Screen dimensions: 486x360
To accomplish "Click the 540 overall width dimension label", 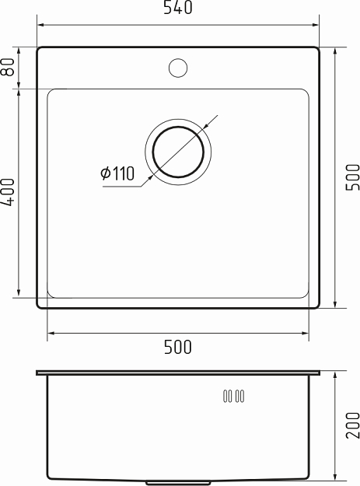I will click(x=178, y=9).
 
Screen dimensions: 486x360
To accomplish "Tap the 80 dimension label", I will click(x=9, y=68).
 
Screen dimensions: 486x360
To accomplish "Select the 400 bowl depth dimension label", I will click(x=9, y=192).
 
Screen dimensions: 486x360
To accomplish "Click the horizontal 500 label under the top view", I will click(x=178, y=348).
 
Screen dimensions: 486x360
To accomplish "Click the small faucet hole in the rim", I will click(x=178, y=68).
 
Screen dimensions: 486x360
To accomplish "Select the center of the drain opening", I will click(x=178, y=150).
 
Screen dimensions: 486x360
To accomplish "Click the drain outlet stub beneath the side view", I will click(x=178, y=481).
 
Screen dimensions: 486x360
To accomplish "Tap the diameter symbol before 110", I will click(x=106, y=174).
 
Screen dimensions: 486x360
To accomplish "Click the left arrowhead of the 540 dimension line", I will click(x=40, y=24).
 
